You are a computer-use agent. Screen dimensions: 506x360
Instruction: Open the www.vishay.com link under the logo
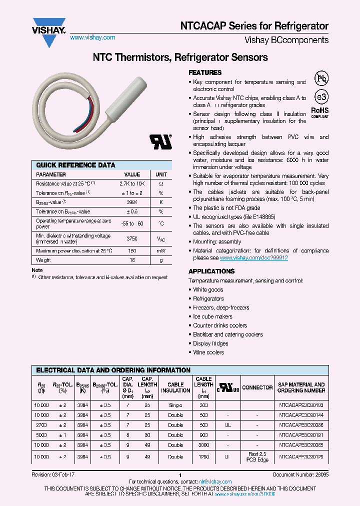point(92,37)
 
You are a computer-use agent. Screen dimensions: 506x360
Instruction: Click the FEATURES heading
point(205,72)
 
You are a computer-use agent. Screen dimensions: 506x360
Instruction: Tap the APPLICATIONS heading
point(211,271)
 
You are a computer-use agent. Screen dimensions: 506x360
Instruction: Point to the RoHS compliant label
point(320,111)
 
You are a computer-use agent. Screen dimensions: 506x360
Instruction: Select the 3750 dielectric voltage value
point(132,239)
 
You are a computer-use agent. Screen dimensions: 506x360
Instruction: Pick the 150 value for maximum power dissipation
point(132,250)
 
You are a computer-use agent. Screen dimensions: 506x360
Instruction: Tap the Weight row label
point(44,260)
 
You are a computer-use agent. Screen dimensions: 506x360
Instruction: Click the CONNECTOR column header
point(257,387)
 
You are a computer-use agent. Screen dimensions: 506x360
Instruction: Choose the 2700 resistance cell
point(41,425)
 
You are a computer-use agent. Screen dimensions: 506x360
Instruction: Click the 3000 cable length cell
point(203,445)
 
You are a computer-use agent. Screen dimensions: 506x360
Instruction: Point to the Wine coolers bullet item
point(208,352)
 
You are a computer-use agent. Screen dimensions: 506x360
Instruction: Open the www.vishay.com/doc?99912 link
point(253,258)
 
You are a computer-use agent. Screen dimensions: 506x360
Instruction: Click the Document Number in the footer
point(300,474)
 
